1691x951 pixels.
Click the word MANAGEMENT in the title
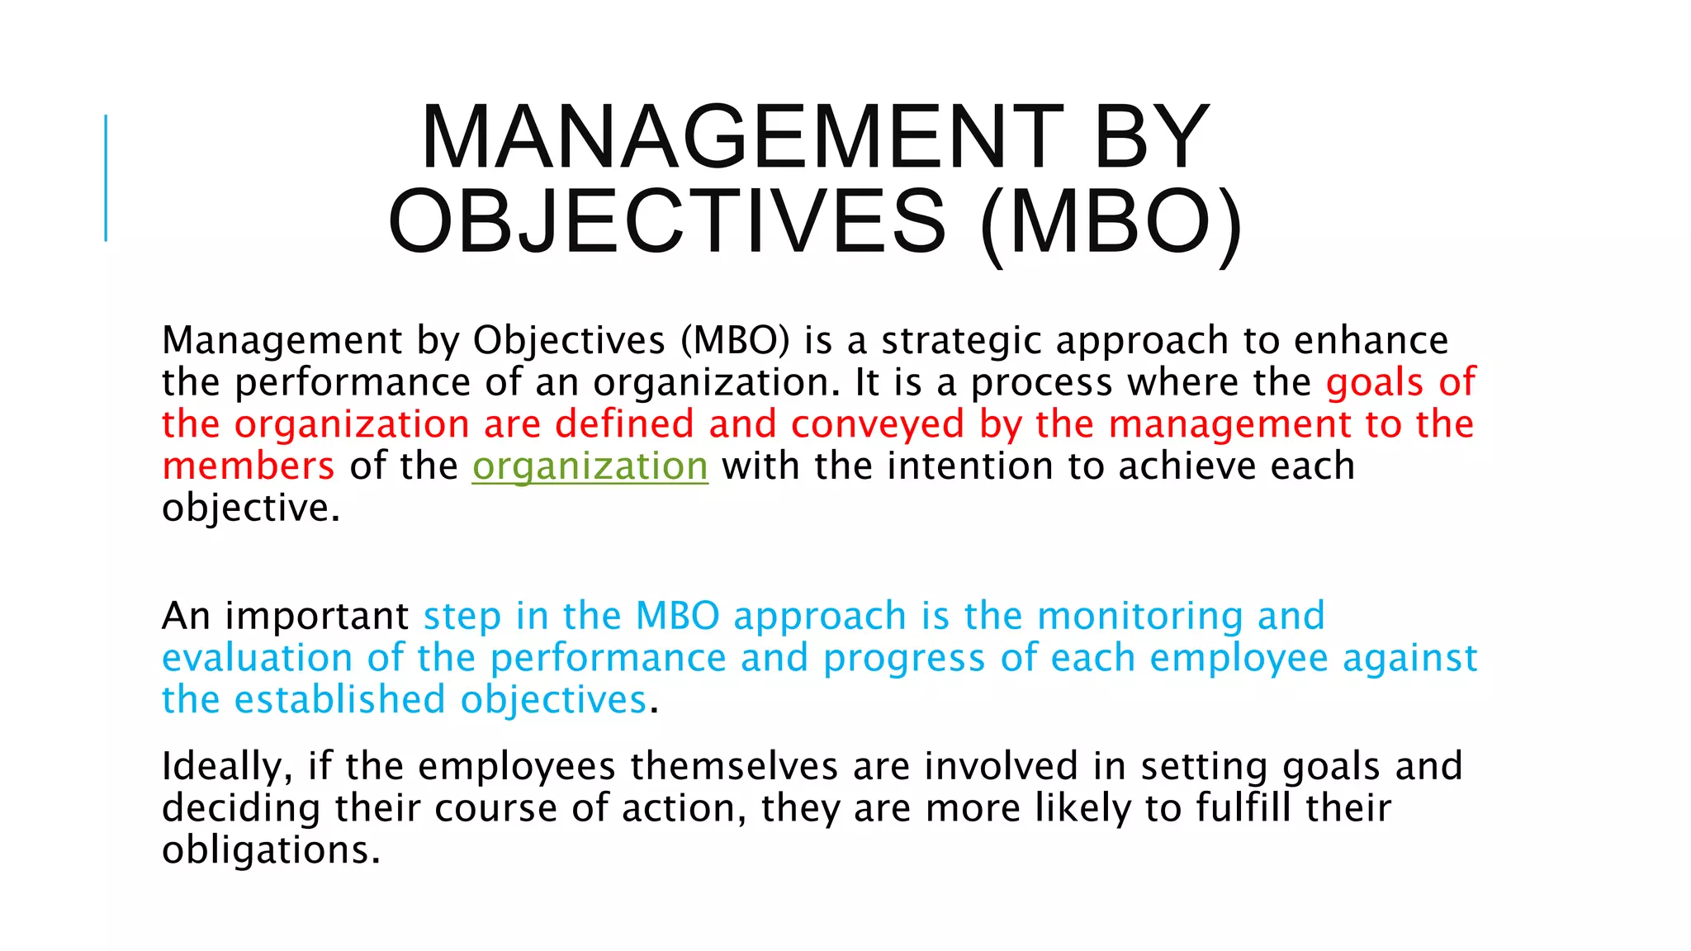click(x=741, y=137)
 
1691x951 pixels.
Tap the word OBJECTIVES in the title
click(x=667, y=222)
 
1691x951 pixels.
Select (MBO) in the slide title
click(x=1111, y=222)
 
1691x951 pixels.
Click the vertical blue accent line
click(x=106, y=177)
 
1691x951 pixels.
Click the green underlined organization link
click(x=590, y=466)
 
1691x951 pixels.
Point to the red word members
click(x=249, y=466)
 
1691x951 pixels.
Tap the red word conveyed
click(x=877, y=424)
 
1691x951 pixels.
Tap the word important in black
click(x=316, y=617)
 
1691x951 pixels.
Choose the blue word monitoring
click(x=1139, y=617)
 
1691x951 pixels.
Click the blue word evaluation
click(x=257, y=659)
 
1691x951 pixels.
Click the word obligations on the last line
click(x=270, y=850)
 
